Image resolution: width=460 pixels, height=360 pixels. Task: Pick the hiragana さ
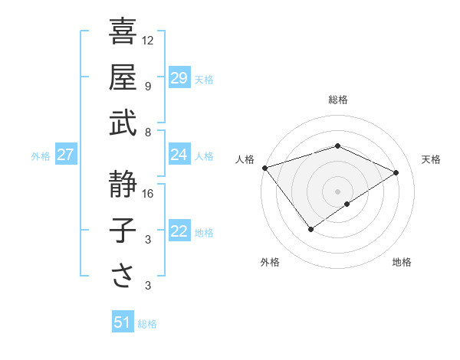(x=123, y=276)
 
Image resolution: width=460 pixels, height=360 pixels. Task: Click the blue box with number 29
(x=179, y=77)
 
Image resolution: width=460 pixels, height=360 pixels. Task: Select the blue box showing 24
(x=179, y=155)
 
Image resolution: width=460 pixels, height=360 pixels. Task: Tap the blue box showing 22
(x=179, y=231)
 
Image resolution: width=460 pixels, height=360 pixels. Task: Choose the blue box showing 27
(x=65, y=155)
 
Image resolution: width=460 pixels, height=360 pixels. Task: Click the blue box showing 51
(x=122, y=322)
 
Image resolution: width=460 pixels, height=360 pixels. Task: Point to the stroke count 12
(x=148, y=40)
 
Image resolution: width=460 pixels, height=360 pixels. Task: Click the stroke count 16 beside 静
(x=148, y=194)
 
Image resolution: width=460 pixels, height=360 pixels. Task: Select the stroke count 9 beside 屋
(x=148, y=86)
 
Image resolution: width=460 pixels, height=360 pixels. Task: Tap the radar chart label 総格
(x=337, y=100)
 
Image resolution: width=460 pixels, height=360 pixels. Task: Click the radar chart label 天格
(x=431, y=159)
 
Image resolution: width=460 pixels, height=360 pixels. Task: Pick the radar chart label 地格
(x=402, y=262)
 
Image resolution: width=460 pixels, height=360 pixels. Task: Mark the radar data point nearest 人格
(x=264, y=167)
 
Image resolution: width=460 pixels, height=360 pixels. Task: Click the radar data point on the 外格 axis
(x=311, y=229)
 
